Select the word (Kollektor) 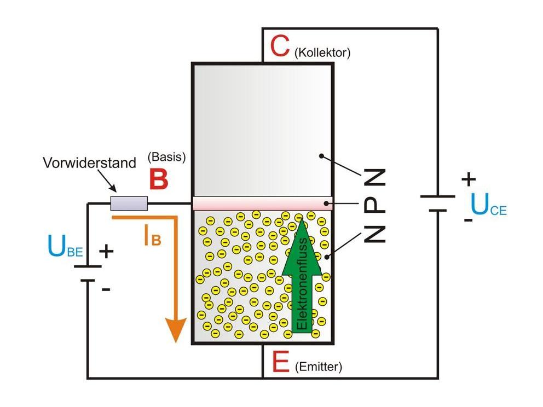pos(322,53)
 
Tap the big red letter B pos(158,180)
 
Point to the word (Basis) pos(166,157)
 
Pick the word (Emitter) pos(318,367)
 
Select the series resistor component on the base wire pos(129,203)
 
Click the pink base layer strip pos(263,203)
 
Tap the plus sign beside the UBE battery pos(106,252)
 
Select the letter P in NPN pos(375,205)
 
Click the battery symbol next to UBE pos(87,274)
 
